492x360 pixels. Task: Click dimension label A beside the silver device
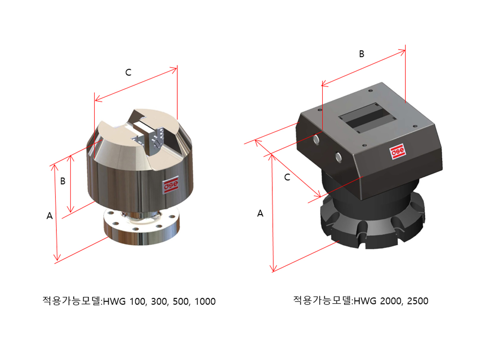(x=50, y=216)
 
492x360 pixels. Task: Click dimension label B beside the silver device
(x=63, y=181)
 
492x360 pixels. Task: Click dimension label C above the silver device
(x=129, y=73)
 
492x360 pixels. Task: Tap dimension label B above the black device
(x=361, y=54)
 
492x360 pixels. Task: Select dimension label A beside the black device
(x=260, y=214)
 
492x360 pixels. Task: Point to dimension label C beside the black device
(x=287, y=178)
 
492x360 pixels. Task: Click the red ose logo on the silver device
(x=171, y=185)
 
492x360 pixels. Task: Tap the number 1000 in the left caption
(x=205, y=301)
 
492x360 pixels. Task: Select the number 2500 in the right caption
(x=418, y=301)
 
